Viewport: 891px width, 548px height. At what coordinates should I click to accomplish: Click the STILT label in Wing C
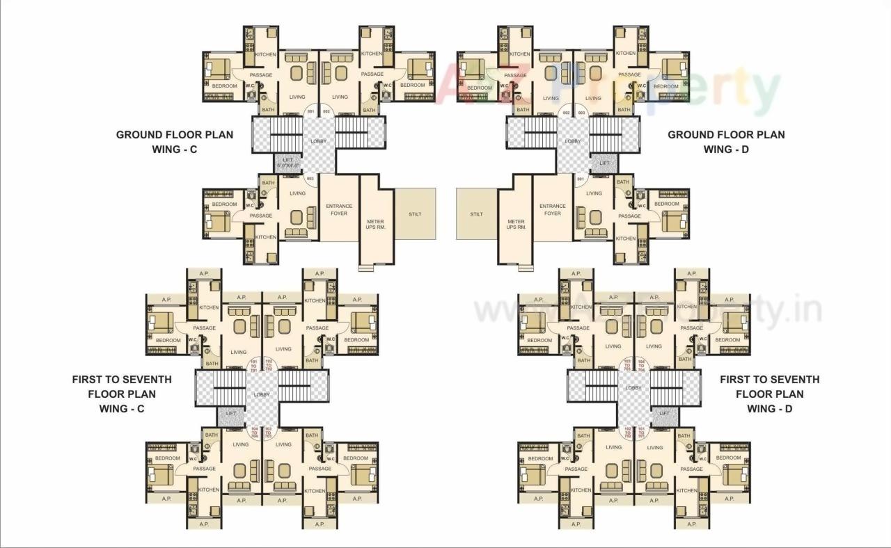coord(415,214)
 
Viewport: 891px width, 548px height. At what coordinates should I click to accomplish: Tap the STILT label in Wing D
coord(476,214)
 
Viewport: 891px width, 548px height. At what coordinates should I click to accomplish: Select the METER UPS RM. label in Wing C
coord(376,225)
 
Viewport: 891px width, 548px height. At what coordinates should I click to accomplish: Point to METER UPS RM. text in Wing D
coord(516,225)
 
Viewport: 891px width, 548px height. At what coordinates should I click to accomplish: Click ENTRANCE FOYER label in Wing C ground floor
coord(339,209)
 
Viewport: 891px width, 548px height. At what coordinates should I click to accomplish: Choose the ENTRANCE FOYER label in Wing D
coord(553,209)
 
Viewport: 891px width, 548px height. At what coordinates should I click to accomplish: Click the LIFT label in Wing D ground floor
coord(604,163)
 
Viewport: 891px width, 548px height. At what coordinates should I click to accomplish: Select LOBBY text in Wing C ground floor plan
coord(320,142)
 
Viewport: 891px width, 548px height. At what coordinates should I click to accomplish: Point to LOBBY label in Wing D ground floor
coord(572,141)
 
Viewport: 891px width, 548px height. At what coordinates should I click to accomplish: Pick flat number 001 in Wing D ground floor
coord(580,179)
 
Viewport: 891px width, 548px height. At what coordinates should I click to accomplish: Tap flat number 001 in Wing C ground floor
coord(311,111)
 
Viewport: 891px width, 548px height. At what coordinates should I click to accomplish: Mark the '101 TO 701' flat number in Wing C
coord(254,365)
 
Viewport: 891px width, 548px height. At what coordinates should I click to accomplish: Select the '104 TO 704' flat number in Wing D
coord(641,365)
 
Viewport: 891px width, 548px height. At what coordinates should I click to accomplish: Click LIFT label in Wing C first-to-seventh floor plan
coord(231,414)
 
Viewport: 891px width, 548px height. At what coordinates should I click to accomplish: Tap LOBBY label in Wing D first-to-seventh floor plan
coord(633,388)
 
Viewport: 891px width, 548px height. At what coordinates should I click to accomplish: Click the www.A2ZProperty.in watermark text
coord(647,310)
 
